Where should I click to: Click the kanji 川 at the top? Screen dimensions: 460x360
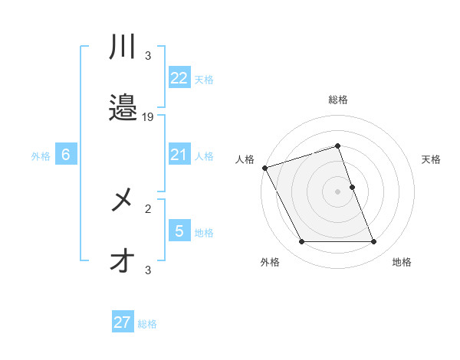click(123, 48)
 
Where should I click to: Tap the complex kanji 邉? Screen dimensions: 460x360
click(123, 108)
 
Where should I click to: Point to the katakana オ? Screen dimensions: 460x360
click(123, 261)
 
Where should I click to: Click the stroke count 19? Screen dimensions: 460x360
click(149, 116)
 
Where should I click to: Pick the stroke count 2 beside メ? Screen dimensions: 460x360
click(148, 208)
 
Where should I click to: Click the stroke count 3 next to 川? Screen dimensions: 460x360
click(148, 55)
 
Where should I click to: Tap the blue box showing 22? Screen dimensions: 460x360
click(179, 78)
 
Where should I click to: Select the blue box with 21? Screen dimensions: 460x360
click(179, 155)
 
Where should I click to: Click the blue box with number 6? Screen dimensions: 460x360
click(66, 155)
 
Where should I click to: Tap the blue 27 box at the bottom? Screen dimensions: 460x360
click(122, 322)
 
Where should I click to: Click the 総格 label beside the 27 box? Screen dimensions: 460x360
click(147, 324)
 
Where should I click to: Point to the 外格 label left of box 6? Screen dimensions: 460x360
click(41, 156)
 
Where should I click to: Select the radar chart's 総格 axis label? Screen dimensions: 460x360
click(337, 100)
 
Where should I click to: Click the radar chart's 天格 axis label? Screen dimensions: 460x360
click(432, 159)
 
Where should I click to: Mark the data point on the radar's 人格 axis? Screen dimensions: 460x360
click(264, 168)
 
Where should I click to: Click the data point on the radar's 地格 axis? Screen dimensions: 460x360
click(374, 242)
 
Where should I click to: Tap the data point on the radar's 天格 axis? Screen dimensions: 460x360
click(352, 187)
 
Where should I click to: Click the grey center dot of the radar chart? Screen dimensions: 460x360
click(337, 191)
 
